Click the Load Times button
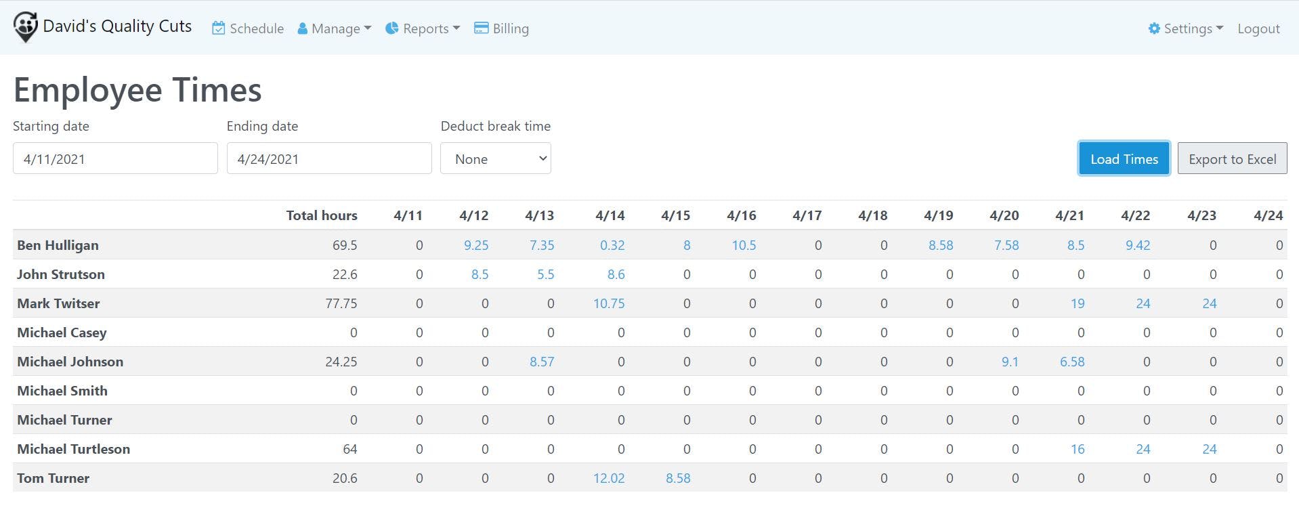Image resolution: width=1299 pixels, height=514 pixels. click(x=1124, y=159)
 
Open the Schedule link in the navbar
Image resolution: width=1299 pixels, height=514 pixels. click(x=248, y=28)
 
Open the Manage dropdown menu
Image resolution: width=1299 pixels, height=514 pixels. click(x=335, y=28)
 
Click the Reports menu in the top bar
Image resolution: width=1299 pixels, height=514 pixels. click(x=423, y=28)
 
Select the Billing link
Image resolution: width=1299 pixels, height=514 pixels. click(x=501, y=28)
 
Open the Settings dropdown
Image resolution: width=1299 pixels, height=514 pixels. click(x=1186, y=28)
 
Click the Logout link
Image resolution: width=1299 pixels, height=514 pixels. click(x=1258, y=28)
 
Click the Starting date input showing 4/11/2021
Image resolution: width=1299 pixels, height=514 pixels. click(x=115, y=158)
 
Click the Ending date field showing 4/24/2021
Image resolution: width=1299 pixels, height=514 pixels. click(x=329, y=158)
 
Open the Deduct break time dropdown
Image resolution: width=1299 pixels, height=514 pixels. click(x=496, y=158)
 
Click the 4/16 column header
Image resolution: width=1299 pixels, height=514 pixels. click(x=741, y=215)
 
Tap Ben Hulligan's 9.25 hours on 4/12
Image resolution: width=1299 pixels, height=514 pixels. click(x=476, y=245)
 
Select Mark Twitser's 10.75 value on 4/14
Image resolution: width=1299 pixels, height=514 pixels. click(x=609, y=303)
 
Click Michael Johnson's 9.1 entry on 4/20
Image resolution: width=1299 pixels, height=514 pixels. click(x=1010, y=362)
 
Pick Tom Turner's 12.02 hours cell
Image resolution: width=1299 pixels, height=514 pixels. click(x=609, y=478)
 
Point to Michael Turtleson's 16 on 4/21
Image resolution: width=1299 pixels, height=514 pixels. click(x=1078, y=449)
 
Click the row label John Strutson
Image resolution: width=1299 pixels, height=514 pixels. click(x=61, y=274)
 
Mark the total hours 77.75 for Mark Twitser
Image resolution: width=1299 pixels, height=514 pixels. click(x=341, y=303)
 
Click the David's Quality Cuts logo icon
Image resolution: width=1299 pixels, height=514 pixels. click(x=25, y=27)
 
